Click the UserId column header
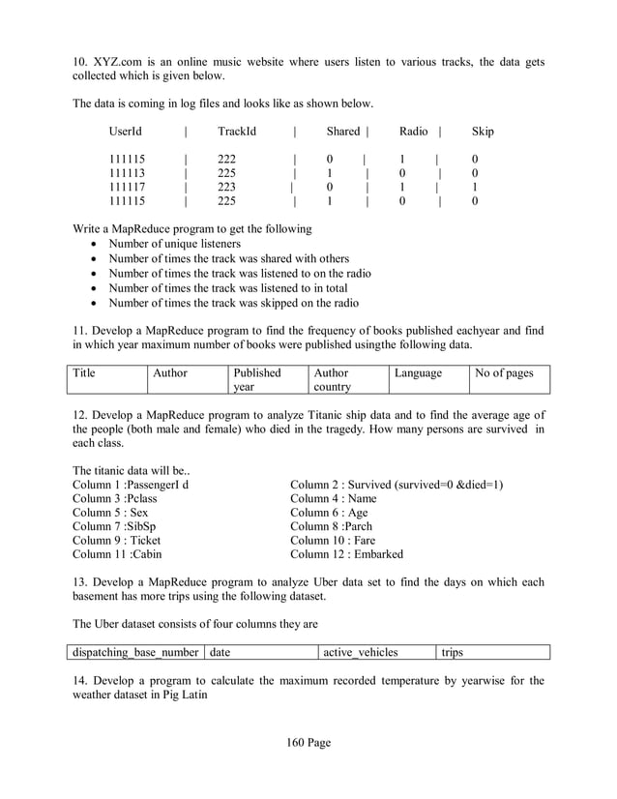[x=126, y=132]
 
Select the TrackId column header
[x=237, y=132]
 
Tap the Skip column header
[x=483, y=132]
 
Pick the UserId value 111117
[x=127, y=188]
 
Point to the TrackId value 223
[x=227, y=188]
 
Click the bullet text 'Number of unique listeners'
[x=174, y=244]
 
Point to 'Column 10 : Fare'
[x=333, y=541]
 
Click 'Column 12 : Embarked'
[x=346, y=554]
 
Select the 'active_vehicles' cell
[x=362, y=652]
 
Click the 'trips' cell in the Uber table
[x=453, y=652]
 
